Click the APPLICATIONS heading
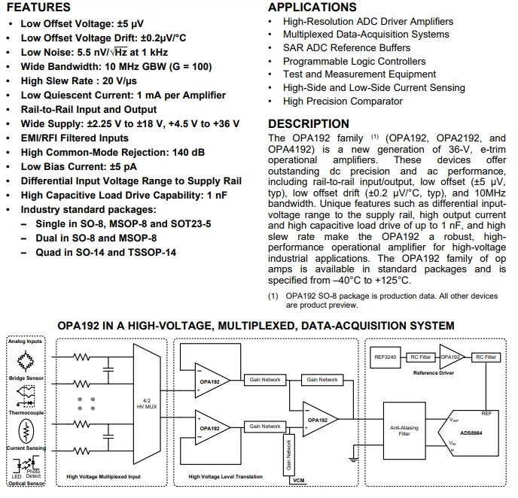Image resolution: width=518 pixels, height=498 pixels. (x=312, y=8)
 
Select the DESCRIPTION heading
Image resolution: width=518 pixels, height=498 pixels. (x=309, y=124)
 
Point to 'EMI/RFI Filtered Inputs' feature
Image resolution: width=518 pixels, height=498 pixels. (x=75, y=138)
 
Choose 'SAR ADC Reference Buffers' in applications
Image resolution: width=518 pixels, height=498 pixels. (x=346, y=47)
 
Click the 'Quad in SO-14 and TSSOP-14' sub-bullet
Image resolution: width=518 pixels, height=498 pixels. (x=106, y=252)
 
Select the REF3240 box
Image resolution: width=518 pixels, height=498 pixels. (x=385, y=357)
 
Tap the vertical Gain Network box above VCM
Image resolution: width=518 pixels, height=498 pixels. (x=288, y=456)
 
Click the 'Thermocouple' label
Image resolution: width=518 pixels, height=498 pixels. (x=27, y=411)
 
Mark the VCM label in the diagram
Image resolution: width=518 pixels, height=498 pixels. (x=299, y=480)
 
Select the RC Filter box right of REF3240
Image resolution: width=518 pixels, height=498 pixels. (x=420, y=357)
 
